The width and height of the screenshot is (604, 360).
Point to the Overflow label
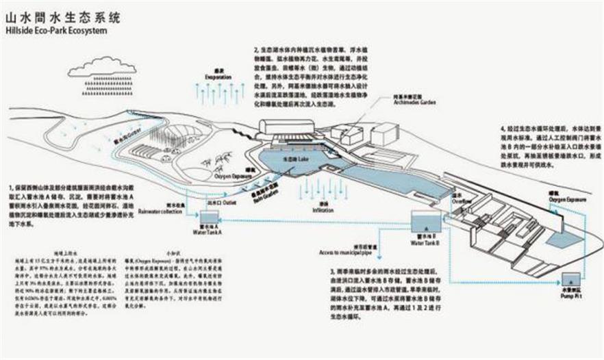click(460, 202)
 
